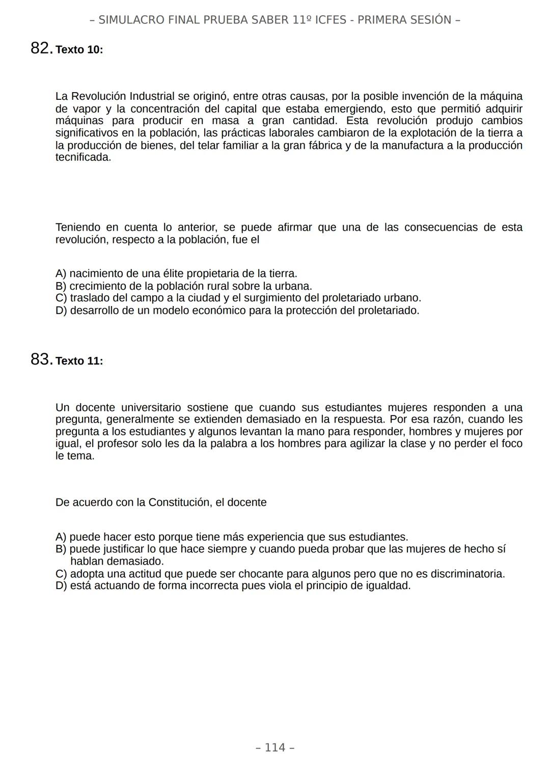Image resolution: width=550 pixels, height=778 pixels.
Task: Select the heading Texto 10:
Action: coord(79,50)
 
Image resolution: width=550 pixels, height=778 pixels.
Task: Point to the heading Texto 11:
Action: coord(79,361)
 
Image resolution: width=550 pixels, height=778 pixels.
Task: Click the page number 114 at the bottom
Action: coord(275,747)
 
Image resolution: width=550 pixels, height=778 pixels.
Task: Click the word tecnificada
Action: coord(83,157)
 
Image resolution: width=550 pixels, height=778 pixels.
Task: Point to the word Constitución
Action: coord(179,503)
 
